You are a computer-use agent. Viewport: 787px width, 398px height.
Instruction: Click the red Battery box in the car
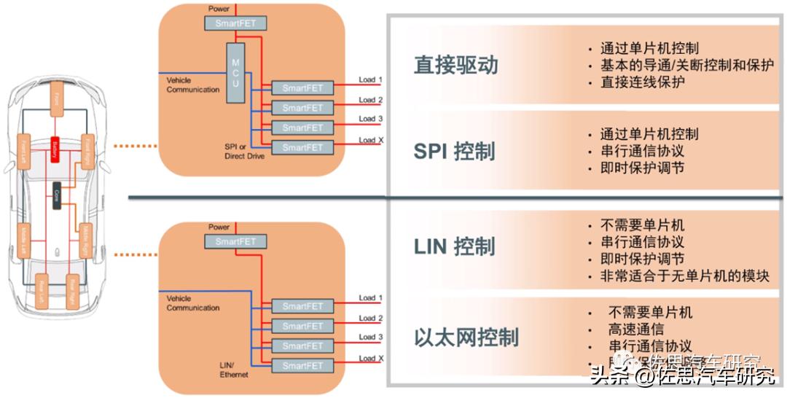point(55,150)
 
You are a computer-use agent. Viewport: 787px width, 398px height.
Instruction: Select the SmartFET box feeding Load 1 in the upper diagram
point(302,88)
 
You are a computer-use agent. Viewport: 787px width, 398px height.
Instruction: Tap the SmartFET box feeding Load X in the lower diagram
point(302,365)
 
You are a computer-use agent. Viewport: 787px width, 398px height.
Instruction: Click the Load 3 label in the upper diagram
point(371,119)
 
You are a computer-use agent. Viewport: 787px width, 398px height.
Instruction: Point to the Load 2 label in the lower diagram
point(371,319)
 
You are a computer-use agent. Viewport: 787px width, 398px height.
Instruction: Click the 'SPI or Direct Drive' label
point(245,151)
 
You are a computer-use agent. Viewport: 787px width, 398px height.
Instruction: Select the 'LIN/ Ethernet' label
point(234,370)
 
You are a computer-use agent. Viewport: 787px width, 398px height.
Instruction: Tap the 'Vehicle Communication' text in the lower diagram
point(193,303)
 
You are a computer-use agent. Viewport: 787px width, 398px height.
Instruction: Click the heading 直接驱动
point(456,65)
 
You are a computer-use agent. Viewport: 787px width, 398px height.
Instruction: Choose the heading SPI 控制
point(454,151)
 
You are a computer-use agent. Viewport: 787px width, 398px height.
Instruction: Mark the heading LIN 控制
point(454,246)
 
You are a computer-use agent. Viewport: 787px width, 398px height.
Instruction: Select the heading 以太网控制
point(466,337)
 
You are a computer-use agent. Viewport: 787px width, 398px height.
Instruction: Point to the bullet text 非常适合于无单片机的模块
point(684,276)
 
